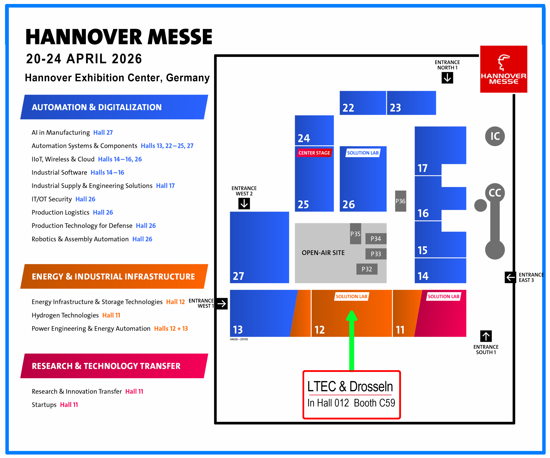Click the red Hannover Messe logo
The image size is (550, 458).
pyautogui.click(x=503, y=69)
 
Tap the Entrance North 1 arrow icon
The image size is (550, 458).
pyautogui.click(x=447, y=78)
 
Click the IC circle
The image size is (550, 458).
pyautogui.click(x=495, y=136)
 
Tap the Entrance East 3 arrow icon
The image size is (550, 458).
pyautogui.click(x=510, y=277)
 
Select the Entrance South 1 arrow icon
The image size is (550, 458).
pyautogui.click(x=486, y=336)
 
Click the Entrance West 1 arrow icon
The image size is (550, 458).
pyautogui.click(x=222, y=304)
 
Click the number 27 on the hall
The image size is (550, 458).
pyautogui.click(x=238, y=276)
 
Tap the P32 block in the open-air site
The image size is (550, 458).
pyautogui.click(x=367, y=269)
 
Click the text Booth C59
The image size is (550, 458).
pyautogui.click(x=374, y=403)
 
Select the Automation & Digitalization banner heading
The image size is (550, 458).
pyautogui.click(x=97, y=107)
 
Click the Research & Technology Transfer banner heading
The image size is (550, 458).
pyautogui.click(x=106, y=366)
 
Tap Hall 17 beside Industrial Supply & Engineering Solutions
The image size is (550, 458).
pyautogui.click(x=165, y=186)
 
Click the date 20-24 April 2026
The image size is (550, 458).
pyautogui.click(x=84, y=59)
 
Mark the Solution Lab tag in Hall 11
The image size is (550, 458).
pyautogui.click(x=443, y=297)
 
